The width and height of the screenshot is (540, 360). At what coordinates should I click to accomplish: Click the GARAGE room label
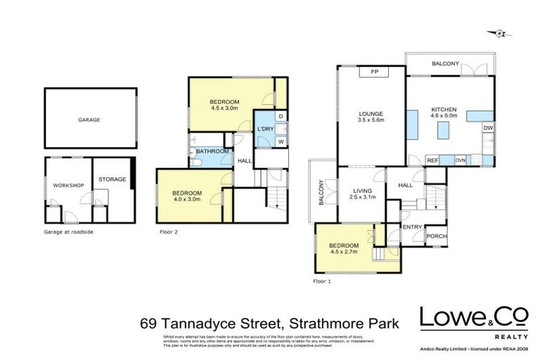(x=89, y=120)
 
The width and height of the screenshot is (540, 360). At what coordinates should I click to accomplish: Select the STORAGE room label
(x=112, y=179)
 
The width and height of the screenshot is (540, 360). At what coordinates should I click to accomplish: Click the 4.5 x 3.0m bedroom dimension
(x=225, y=110)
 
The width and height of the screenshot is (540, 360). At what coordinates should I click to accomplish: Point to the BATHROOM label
(x=212, y=151)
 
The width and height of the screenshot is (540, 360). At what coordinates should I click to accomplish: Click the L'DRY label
(x=265, y=129)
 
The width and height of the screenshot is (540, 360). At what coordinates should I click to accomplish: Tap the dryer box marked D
(x=281, y=116)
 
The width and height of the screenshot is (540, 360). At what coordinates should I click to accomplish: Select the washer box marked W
(x=281, y=142)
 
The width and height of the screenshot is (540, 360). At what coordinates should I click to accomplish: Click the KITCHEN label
(x=444, y=110)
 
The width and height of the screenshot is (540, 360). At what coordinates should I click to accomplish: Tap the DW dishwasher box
(x=487, y=128)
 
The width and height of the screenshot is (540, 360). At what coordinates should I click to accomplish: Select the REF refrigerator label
(x=433, y=161)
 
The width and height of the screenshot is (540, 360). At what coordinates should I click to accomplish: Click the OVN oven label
(x=461, y=161)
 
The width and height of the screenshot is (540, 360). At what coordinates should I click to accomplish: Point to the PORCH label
(x=437, y=236)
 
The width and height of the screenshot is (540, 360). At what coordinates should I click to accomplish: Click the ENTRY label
(x=412, y=226)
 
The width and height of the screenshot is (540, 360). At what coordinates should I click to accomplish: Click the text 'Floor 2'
(x=169, y=230)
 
